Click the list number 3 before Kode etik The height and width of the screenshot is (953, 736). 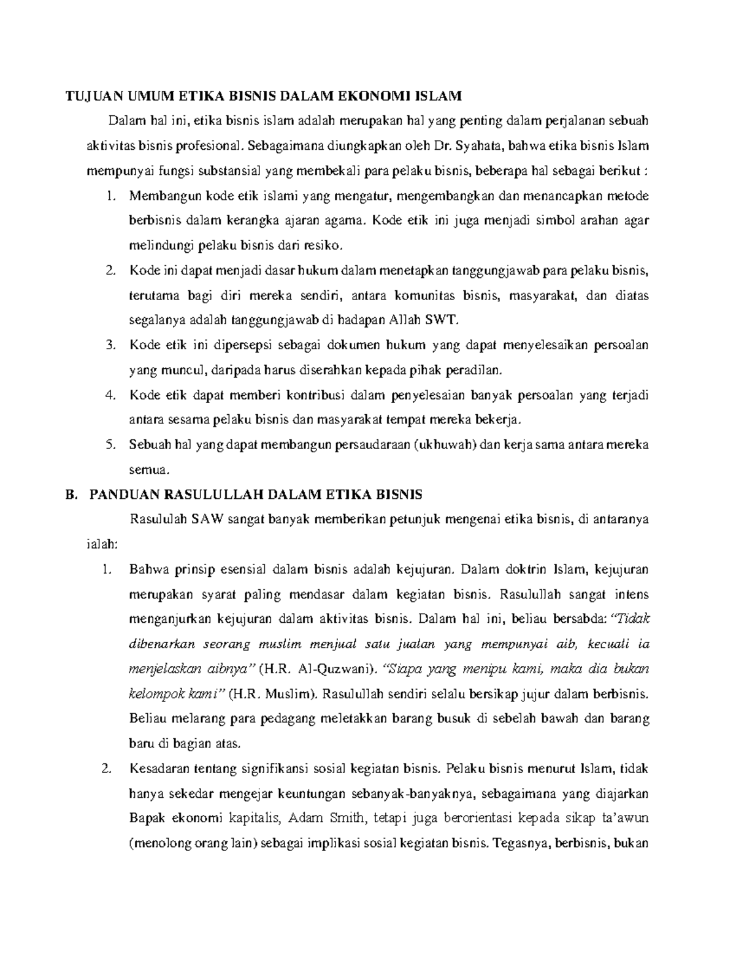click(110, 345)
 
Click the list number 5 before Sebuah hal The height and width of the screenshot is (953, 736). click(110, 445)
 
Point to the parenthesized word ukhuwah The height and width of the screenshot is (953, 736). click(447, 445)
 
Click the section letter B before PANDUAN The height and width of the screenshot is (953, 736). click(70, 495)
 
